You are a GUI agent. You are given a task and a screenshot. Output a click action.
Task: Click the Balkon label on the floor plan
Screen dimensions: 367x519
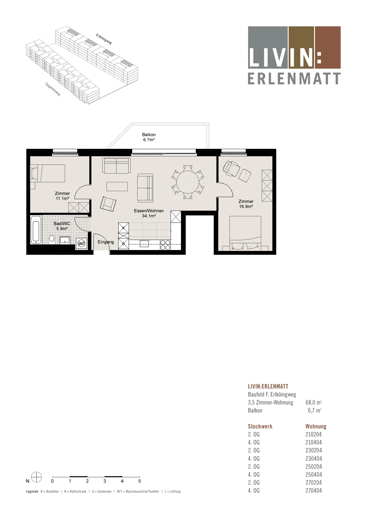149,135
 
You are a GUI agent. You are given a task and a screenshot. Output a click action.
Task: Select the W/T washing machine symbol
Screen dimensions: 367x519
81,244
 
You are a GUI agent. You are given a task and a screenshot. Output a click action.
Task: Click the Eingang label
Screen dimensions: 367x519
106,242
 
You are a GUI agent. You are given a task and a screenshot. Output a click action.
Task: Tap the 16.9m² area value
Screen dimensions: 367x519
246,207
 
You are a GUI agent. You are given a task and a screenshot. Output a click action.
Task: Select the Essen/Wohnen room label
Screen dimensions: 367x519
149,211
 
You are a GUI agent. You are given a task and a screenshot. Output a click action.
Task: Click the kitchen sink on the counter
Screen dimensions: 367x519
144,244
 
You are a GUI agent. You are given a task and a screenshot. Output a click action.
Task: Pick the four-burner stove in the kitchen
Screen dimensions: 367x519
165,245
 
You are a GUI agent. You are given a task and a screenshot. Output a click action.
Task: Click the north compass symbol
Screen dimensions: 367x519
36,477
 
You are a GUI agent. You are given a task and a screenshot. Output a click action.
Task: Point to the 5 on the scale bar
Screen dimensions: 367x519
140,481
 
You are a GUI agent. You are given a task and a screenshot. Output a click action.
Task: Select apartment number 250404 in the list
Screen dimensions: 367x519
313,475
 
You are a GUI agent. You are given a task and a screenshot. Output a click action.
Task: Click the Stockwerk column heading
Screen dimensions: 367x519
260,426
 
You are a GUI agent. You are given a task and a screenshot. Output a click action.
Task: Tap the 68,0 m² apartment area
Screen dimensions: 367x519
313,402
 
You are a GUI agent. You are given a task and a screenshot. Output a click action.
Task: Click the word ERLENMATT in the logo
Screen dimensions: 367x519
294,79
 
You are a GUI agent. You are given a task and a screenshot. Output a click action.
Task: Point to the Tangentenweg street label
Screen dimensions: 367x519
53,89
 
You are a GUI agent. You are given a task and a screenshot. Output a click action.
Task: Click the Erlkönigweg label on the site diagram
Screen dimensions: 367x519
104,39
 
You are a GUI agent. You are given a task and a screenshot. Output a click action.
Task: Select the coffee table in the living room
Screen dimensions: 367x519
117,186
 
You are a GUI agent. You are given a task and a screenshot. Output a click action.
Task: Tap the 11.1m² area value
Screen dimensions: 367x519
62,199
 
